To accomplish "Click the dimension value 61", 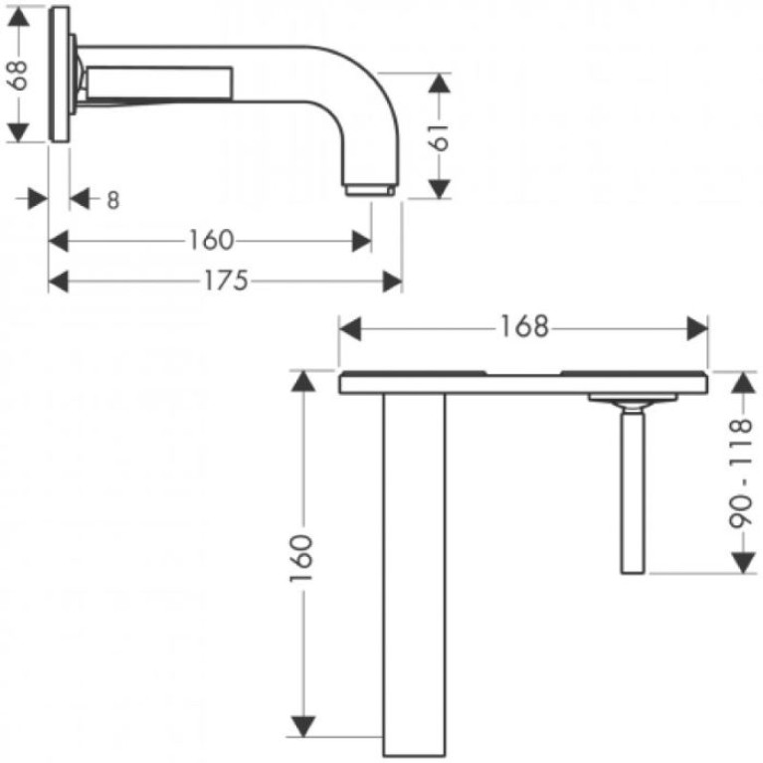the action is point(440,136).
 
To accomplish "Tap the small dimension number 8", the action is point(112,200).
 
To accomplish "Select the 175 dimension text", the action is point(226,281).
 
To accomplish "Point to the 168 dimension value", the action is point(524,326).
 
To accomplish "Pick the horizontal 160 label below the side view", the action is point(211,241).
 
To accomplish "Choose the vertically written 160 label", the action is point(300,558).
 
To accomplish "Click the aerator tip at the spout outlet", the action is point(370,190).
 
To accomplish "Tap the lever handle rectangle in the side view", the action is point(159,83).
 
